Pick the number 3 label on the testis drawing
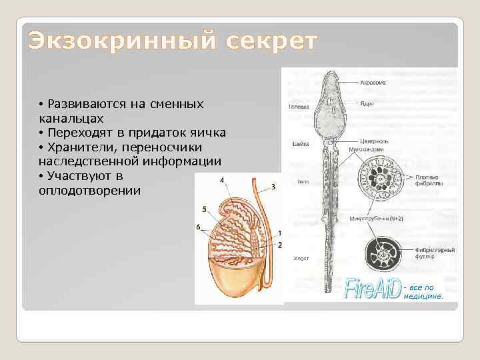pyautogui.click(x=273, y=187)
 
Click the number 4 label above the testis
pyautogui.click(x=221, y=179)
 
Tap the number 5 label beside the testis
pyautogui.click(x=203, y=209)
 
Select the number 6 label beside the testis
pyautogui.click(x=199, y=227)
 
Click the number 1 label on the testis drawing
pyautogui.click(x=280, y=233)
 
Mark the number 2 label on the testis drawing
pyautogui.click(x=280, y=245)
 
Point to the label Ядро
pyautogui.click(x=366, y=103)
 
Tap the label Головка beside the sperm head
pyautogui.click(x=298, y=107)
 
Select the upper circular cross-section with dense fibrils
pyautogui.click(x=379, y=181)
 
